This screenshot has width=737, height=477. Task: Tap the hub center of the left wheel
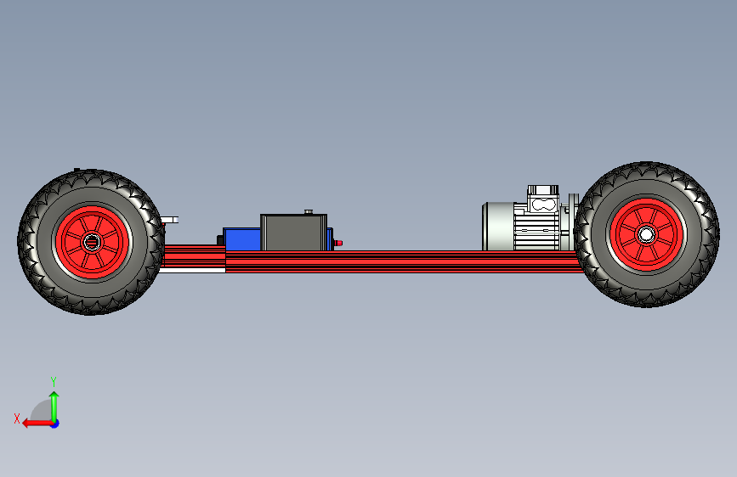tap(91, 242)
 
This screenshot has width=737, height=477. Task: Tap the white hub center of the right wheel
tap(646, 234)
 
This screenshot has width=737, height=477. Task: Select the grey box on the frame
tap(294, 233)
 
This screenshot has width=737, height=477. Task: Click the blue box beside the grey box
tap(242, 239)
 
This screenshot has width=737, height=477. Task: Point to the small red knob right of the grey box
tap(338, 243)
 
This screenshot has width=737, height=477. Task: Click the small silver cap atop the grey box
tap(309, 211)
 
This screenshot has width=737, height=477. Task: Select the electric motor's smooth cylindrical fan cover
tap(498, 227)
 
